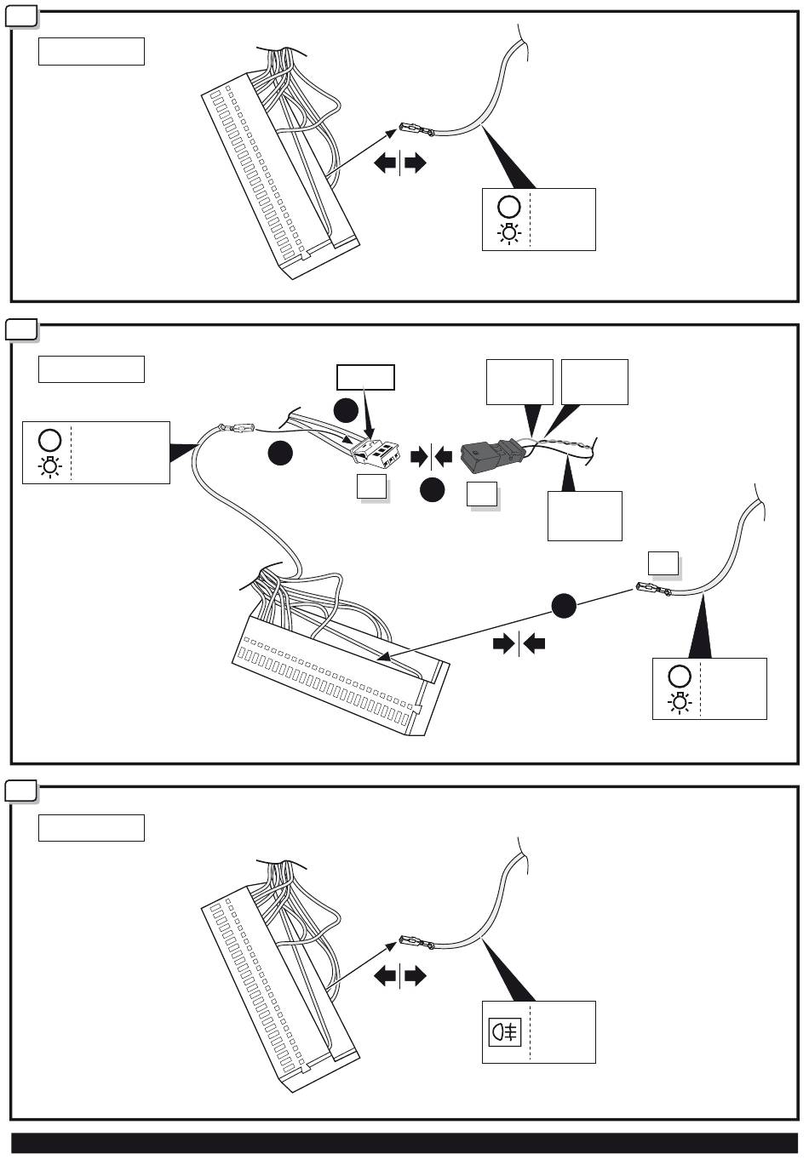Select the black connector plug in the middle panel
pyautogui.click(x=486, y=456)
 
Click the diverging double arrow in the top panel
pyautogui.click(x=399, y=163)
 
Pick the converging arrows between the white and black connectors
pyautogui.click(x=432, y=457)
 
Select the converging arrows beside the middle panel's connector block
pyautogui.click(x=519, y=644)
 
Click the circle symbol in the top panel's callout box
pyautogui.click(x=509, y=207)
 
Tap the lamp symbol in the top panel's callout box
pyautogui.click(x=509, y=232)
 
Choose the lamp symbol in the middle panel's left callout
pyautogui.click(x=49, y=465)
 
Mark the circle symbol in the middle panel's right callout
pyautogui.click(x=679, y=677)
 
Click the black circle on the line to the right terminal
pyautogui.click(x=563, y=606)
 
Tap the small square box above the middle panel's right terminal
pyautogui.click(x=663, y=563)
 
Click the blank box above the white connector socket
pyautogui.click(x=365, y=377)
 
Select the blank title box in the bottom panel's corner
pyautogui.click(x=91, y=827)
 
